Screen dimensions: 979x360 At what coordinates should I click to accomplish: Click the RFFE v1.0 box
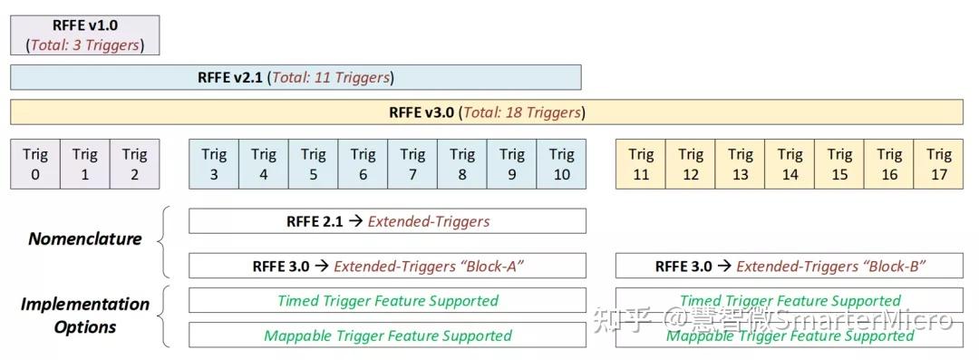click(85, 34)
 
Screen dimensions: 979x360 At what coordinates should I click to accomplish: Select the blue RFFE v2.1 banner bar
click(296, 77)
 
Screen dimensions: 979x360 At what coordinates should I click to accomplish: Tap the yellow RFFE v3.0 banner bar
click(487, 112)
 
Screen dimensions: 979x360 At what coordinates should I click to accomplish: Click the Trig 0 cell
click(35, 164)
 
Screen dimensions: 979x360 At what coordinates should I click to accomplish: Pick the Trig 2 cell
click(134, 164)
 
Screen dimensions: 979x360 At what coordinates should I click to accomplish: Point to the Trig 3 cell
click(214, 164)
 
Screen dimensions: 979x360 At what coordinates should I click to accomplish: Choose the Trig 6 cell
click(363, 164)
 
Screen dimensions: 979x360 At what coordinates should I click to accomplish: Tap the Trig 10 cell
click(561, 164)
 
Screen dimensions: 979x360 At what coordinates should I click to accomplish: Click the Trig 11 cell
click(641, 164)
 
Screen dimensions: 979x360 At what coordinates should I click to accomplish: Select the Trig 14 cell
click(790, 164)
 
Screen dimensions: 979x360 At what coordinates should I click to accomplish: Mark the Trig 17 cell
click(939, 164)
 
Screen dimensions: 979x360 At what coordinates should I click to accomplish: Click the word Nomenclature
click(85, 239)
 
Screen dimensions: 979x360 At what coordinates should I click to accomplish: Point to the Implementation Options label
click(85, 316)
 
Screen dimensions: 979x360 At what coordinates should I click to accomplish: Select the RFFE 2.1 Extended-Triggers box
click(387, 220)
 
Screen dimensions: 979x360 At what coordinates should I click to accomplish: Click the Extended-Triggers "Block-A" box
click(387, 266)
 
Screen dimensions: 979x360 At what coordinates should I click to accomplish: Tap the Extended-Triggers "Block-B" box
click(789, 266)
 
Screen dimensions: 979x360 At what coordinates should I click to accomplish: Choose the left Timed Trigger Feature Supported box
click(387, 300)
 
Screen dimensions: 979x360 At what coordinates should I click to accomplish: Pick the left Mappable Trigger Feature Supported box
click(387, 336)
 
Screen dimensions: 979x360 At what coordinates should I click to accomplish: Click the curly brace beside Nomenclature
click(163, 241)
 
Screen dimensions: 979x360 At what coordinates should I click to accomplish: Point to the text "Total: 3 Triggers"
click(85, 44)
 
